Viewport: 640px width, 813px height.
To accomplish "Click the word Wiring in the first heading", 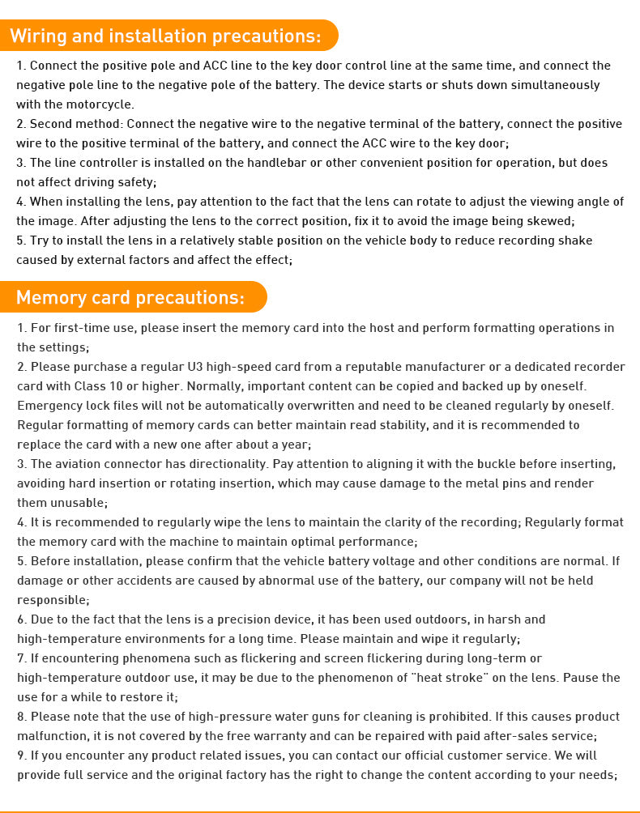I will click(36, 36).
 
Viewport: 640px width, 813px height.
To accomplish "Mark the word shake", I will click(575, 240).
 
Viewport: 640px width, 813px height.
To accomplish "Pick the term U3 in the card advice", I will click(195, 367).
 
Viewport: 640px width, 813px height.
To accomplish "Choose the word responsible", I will click(52, 600).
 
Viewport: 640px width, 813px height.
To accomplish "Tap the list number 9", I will click(21, 756).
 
